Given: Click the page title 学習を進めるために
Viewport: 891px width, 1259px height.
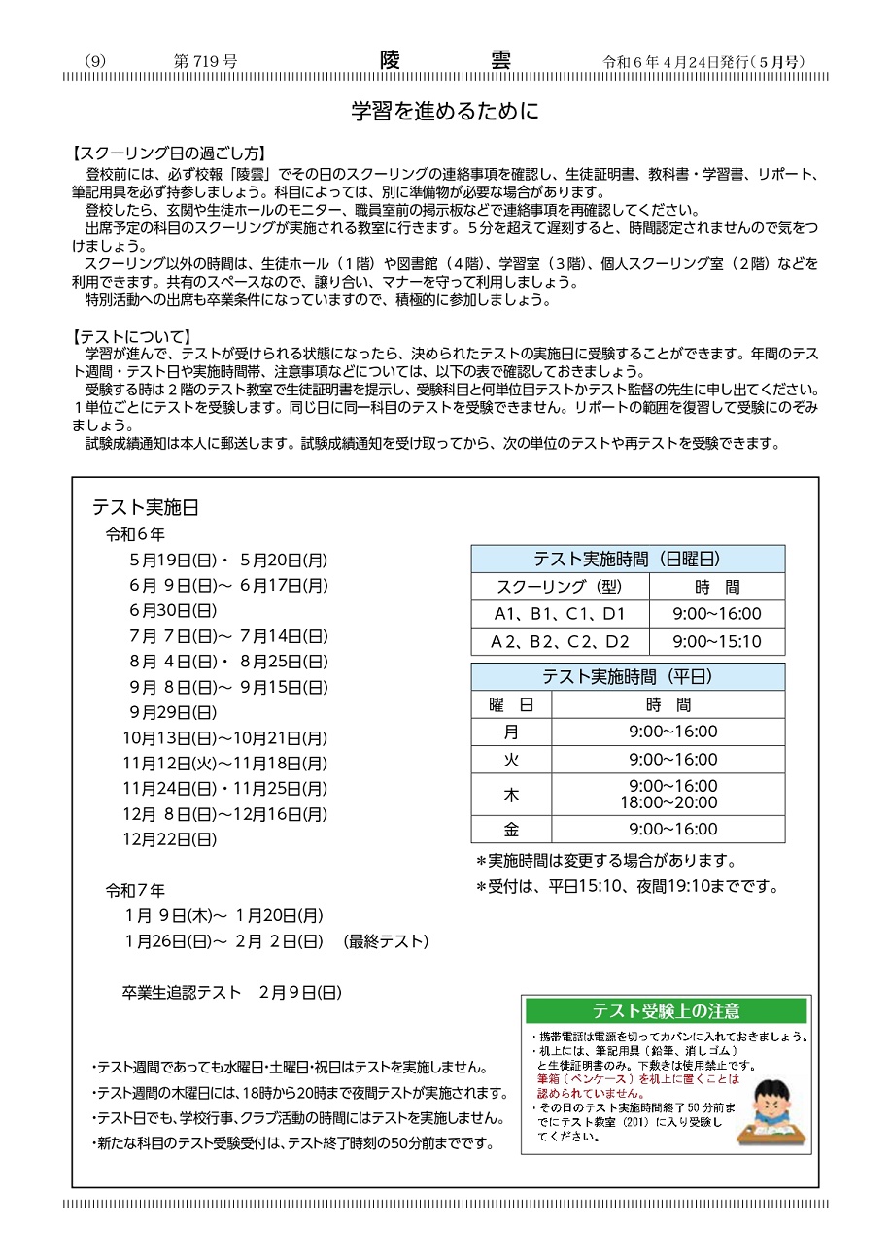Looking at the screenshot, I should (x=445, y=111).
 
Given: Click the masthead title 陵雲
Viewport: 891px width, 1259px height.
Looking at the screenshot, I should (x=445, y=60).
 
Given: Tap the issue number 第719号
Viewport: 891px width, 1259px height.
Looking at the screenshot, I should (x=205, y=61).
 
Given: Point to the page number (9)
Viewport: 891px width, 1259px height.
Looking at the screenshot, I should (x=95, y=61).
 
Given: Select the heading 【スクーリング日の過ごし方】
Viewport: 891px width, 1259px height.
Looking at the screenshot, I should (x=169, y=153).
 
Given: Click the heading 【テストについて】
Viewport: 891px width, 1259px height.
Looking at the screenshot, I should (x=133, y=336).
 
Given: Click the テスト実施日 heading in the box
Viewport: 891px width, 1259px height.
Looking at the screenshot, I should (x=146, y=507).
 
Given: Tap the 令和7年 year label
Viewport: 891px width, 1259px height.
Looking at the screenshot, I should (x=135, y=890).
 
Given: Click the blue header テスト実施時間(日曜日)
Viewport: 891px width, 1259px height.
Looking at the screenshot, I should (x=628, y=559).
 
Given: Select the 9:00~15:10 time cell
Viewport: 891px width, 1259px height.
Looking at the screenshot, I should (x=717, y=642).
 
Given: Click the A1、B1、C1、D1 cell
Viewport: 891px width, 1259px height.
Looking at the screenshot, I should (x=560, y=614).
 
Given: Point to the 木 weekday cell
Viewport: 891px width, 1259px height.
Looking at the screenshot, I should (x=511, y=795).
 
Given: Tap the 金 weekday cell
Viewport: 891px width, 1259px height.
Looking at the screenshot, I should (x=511, y=830).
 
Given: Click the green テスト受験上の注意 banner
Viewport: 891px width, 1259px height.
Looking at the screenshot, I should (x=666, y=1010).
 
